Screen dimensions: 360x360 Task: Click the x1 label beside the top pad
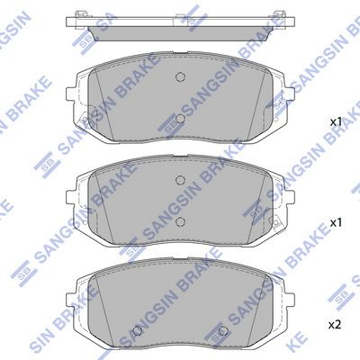pyautogui.click(x=336, y=122)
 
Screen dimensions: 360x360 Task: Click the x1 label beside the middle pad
pyautogui.click(x=336, y=222)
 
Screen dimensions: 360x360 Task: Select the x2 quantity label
pyautogui.click(x=335, y=325)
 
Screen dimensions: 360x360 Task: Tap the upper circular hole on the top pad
pyautogui.click(x=180, y=77)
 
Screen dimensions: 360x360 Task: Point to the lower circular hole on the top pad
pyautogui.click(x=180, y=119)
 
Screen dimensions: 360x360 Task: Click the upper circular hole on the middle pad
pyautogui.click(x=180, y=180)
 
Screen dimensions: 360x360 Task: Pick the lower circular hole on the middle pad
pyautogui.click(x=180, y=221)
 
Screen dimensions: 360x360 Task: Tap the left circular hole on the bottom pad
pyautogui.click(x=138, y=330)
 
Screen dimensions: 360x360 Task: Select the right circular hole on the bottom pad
pyautogui.click(x=222, y=330)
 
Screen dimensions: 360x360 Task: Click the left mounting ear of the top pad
pyautogui.click(x=71, y=95)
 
